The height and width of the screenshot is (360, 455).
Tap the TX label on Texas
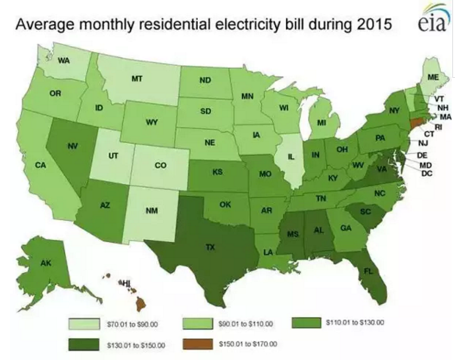tap(210, 247)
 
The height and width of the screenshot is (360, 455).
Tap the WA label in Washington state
tap(64, 60)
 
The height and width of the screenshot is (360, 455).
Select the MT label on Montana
tap(136, 78)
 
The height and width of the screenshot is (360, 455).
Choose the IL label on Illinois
tap(289, 158)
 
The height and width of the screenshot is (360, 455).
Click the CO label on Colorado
tap(160, 165)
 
